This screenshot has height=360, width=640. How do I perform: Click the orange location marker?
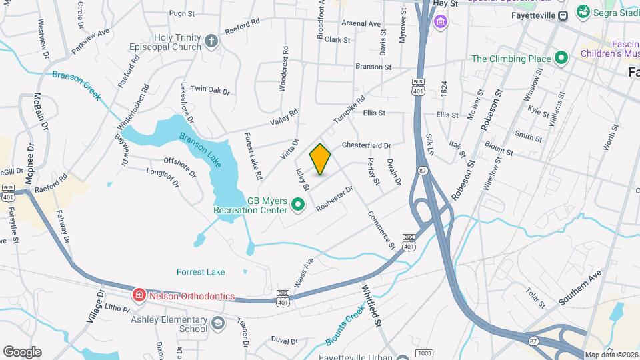pyautogui.click(x=321, y=160)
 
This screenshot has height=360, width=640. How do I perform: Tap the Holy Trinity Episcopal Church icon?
pyautogui.click(x=211, y=42)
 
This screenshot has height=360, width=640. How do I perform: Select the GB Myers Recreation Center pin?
pyautogui.click(x=299, y=205)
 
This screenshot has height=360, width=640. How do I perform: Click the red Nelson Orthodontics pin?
pyautogui.click(x=139, y=295)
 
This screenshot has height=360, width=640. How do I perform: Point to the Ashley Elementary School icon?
pyautogui.click(x=217, y=324)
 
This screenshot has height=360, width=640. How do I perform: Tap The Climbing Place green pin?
pyautogui.click(x=561, y=59)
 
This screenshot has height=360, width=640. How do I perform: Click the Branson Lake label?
pyautogui.click(x=200, y=150)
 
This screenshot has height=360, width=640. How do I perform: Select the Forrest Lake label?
pyautogui.click(x=201, y=272)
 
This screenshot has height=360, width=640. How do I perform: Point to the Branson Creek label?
pyautogui.click(x=77, y=85)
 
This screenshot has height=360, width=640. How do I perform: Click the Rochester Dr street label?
pyautogui.click(x=334, y=199)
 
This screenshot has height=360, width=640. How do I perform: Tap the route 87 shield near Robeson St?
pyautogui.click(x=423, y=171)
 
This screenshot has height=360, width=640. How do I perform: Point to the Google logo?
pyautogui.click(x=22, y=352)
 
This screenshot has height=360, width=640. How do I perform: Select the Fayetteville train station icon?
pyautogui.click(x=563, y=15)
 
